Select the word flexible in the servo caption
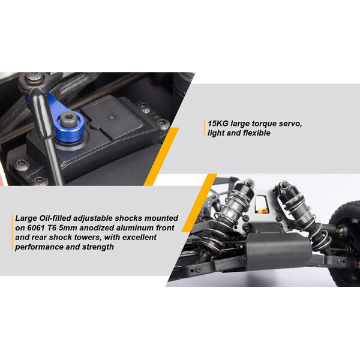[257, 133]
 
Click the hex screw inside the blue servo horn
[68, 119]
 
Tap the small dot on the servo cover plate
[112, 118]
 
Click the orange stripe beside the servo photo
[161, 157]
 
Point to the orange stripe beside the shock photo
[199, 203]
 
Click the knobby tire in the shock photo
[344, 244]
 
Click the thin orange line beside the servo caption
[205, 128]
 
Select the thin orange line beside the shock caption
[12, 232]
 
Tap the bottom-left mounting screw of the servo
[22, 165]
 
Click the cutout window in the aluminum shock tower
[261, 204]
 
